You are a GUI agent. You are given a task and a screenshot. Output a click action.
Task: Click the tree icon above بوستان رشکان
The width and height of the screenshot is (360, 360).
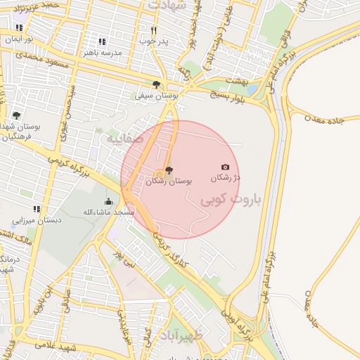point(168,169)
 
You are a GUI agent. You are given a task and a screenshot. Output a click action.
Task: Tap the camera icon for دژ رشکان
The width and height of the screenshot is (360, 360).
point(225,167)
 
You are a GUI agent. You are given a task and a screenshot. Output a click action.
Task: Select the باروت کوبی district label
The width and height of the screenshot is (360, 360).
point(231,200)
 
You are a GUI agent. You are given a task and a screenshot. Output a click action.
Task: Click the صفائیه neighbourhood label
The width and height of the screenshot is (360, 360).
point(125,139)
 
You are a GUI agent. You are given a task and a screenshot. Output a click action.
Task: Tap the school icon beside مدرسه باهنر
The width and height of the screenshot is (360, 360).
point(103,41)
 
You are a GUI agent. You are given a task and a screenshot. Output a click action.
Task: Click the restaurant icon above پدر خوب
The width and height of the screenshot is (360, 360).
point(153,30)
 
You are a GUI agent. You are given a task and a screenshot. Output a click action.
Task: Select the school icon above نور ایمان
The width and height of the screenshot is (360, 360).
point(19,28)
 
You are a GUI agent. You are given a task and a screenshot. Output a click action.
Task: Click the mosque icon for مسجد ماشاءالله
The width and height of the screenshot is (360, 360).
point(108,201)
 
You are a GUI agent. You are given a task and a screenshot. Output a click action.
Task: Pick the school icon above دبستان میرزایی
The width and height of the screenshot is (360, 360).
point(37,209)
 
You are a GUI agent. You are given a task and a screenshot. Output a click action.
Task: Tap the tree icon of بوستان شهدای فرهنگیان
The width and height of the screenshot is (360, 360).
point(17,115)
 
